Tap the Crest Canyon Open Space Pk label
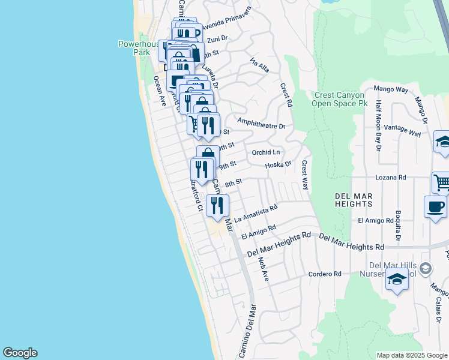tap(339, 99)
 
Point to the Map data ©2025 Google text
tap(411, 355)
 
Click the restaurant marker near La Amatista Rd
tap(217, 206)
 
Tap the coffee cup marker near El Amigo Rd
tap(435, 206)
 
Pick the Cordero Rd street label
tap(325, 274)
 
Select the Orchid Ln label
tap(266, 152)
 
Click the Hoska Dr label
tap(278, 164)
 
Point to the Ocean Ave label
tap(159, 91)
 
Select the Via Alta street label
tap(259, 65)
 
